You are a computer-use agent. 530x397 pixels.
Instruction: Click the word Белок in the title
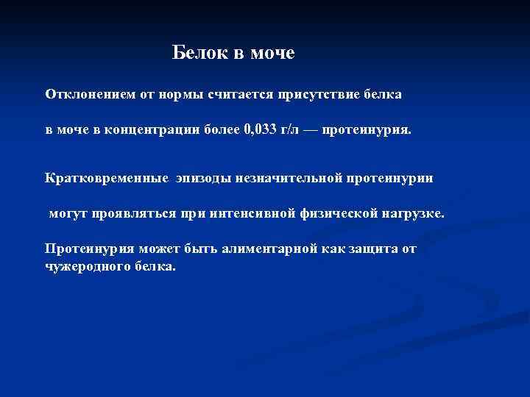[x=194, y=53]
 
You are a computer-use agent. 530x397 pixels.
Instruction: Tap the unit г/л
[x=292, y=130]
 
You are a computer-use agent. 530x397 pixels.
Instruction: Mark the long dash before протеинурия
[x=314, y=130]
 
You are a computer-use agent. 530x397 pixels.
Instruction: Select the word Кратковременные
[x=99, y=178]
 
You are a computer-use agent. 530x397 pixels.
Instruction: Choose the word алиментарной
[x=272, y=248]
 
